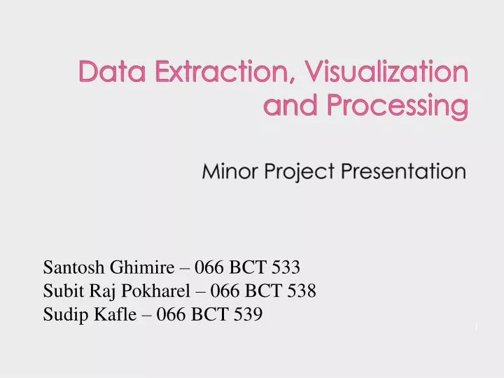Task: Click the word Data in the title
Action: click(106, 71)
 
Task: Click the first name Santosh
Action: click(71, 267)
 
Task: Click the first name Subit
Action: click(62, 290)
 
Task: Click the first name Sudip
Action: click(64, 315)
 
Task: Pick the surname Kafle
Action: click(111, 314)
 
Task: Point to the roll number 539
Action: click(248, 314)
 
